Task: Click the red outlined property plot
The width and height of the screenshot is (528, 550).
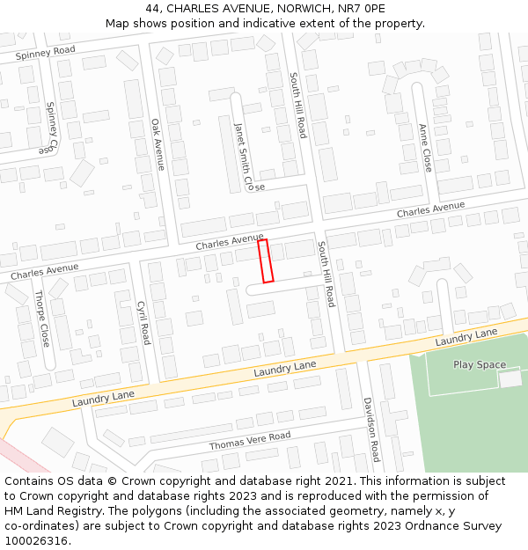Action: tap(265, 260)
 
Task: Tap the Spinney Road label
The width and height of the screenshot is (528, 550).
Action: tap(45, 53)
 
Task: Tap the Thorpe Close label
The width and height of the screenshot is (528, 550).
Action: tap(42, 318)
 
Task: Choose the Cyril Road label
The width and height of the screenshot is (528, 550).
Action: tap(143, 322)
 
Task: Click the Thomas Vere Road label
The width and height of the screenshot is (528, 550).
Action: tap(249, 441)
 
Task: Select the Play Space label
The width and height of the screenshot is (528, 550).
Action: tap(480, 364)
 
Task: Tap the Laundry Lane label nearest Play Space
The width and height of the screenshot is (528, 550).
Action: tap(466, 336)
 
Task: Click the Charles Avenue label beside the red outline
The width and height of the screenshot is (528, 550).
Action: tap(230, 240)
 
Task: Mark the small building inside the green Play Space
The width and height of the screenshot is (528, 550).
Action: tap(510, 378)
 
